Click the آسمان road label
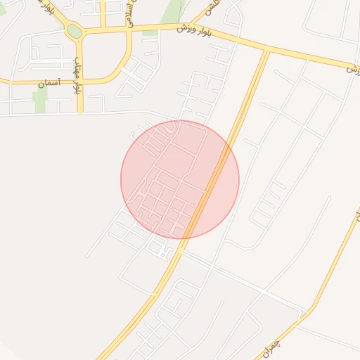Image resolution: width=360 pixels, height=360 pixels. tap(49, 83)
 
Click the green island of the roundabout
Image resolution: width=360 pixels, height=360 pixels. tap(74, 31)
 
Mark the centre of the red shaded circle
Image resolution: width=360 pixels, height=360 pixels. tap(180, 180)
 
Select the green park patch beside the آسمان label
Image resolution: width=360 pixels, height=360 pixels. tap(41, 98)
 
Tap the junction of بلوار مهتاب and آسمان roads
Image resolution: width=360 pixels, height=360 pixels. tap(80, 82)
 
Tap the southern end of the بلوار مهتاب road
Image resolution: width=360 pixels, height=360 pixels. tap(80, 111)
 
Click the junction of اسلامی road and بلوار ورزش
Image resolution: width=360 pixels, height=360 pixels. tap(130, 30)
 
